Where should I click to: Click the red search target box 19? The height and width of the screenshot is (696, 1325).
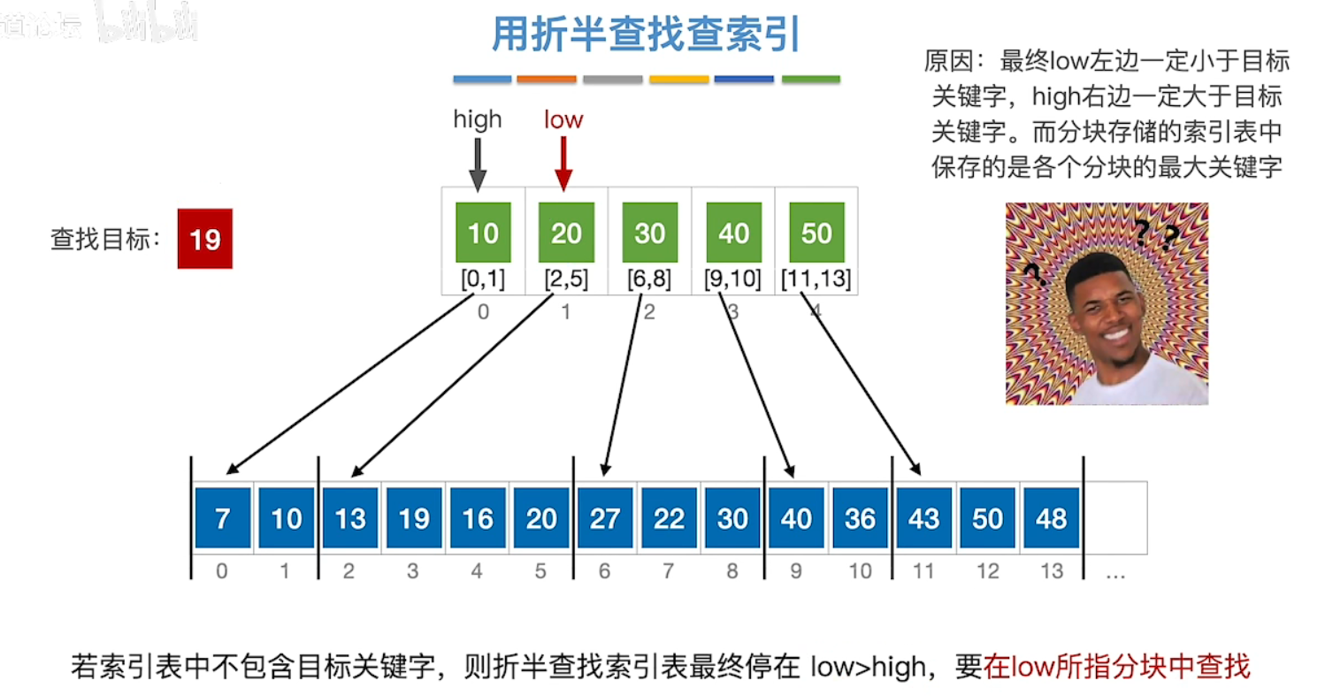[204, 239]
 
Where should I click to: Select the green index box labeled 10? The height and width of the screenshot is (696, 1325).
[482, 232]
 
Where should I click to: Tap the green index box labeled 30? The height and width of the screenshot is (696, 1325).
[649, 232]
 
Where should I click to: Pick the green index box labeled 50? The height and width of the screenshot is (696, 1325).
[816, 232]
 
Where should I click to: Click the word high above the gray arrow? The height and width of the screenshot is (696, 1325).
[477, 119]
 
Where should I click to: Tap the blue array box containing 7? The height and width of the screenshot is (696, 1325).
[222, 517]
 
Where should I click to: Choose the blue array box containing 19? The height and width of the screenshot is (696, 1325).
[414, 517]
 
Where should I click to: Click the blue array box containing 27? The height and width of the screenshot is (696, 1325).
[605, 517]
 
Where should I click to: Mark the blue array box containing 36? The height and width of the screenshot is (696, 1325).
[860, 517]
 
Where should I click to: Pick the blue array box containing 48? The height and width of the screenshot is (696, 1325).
[1051, 517]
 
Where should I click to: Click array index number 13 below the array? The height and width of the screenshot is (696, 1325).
[1051, 572]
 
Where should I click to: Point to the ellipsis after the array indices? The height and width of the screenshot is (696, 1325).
[1115, 573]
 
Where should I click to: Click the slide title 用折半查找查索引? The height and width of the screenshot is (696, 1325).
[646, 35]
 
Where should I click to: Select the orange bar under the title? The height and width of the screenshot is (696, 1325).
[546, 80]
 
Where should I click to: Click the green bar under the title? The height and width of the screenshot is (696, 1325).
[810, 80]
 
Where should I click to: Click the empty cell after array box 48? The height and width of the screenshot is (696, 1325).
[1115, 517]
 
